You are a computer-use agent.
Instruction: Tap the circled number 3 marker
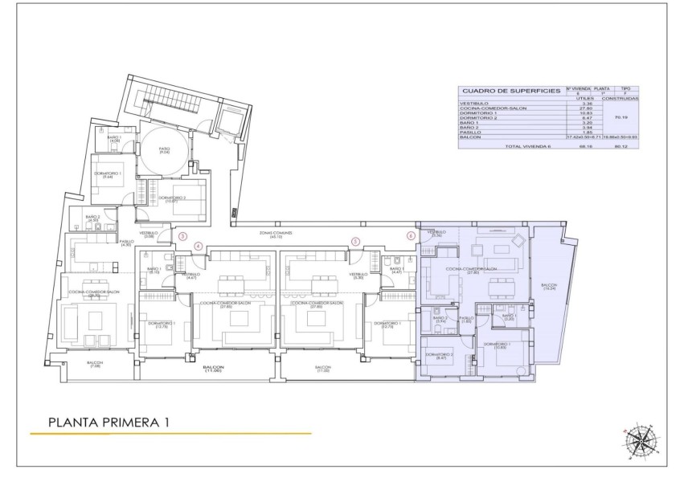182,236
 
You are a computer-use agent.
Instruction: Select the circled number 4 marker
199,246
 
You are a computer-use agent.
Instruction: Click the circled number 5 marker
355,241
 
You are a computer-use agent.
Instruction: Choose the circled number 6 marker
411,236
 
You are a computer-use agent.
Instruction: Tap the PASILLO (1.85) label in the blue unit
465,320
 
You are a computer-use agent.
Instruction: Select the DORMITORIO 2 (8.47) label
439,356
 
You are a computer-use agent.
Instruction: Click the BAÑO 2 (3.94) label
440,320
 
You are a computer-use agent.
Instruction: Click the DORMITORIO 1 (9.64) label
108,176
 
